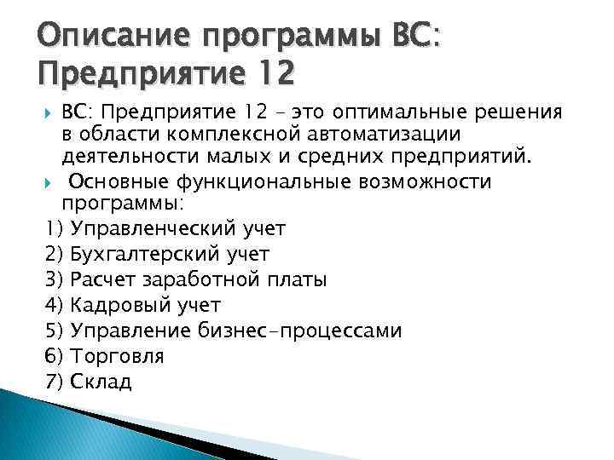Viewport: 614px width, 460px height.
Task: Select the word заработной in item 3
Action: (223, 279)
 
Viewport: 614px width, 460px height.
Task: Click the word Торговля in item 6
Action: (118, 356)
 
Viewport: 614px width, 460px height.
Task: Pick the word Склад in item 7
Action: (101, 381)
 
